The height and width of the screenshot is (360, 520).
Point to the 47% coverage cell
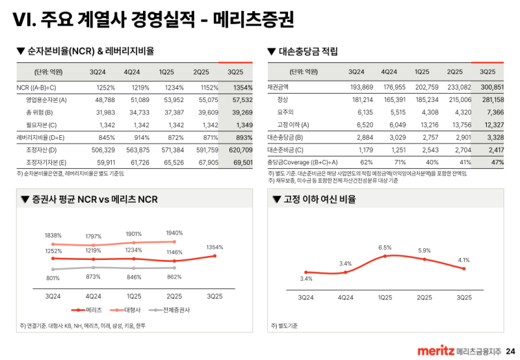click(497, 162)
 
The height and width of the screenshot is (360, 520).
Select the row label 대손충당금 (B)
click(285, 138)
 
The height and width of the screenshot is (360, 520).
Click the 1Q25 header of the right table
click(422, 71)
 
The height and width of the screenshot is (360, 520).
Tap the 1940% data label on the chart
click(174, 233)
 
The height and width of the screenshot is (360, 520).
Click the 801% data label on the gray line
click(53, 279)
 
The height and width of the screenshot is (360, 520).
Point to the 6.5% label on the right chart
click(385, 248)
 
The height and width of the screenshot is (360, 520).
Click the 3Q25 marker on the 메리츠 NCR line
click(214, 255)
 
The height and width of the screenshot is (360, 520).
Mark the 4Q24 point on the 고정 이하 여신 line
click(345, 272)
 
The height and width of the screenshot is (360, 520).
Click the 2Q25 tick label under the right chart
click(424, 298)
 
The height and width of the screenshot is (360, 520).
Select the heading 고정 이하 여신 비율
click(319, 199)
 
